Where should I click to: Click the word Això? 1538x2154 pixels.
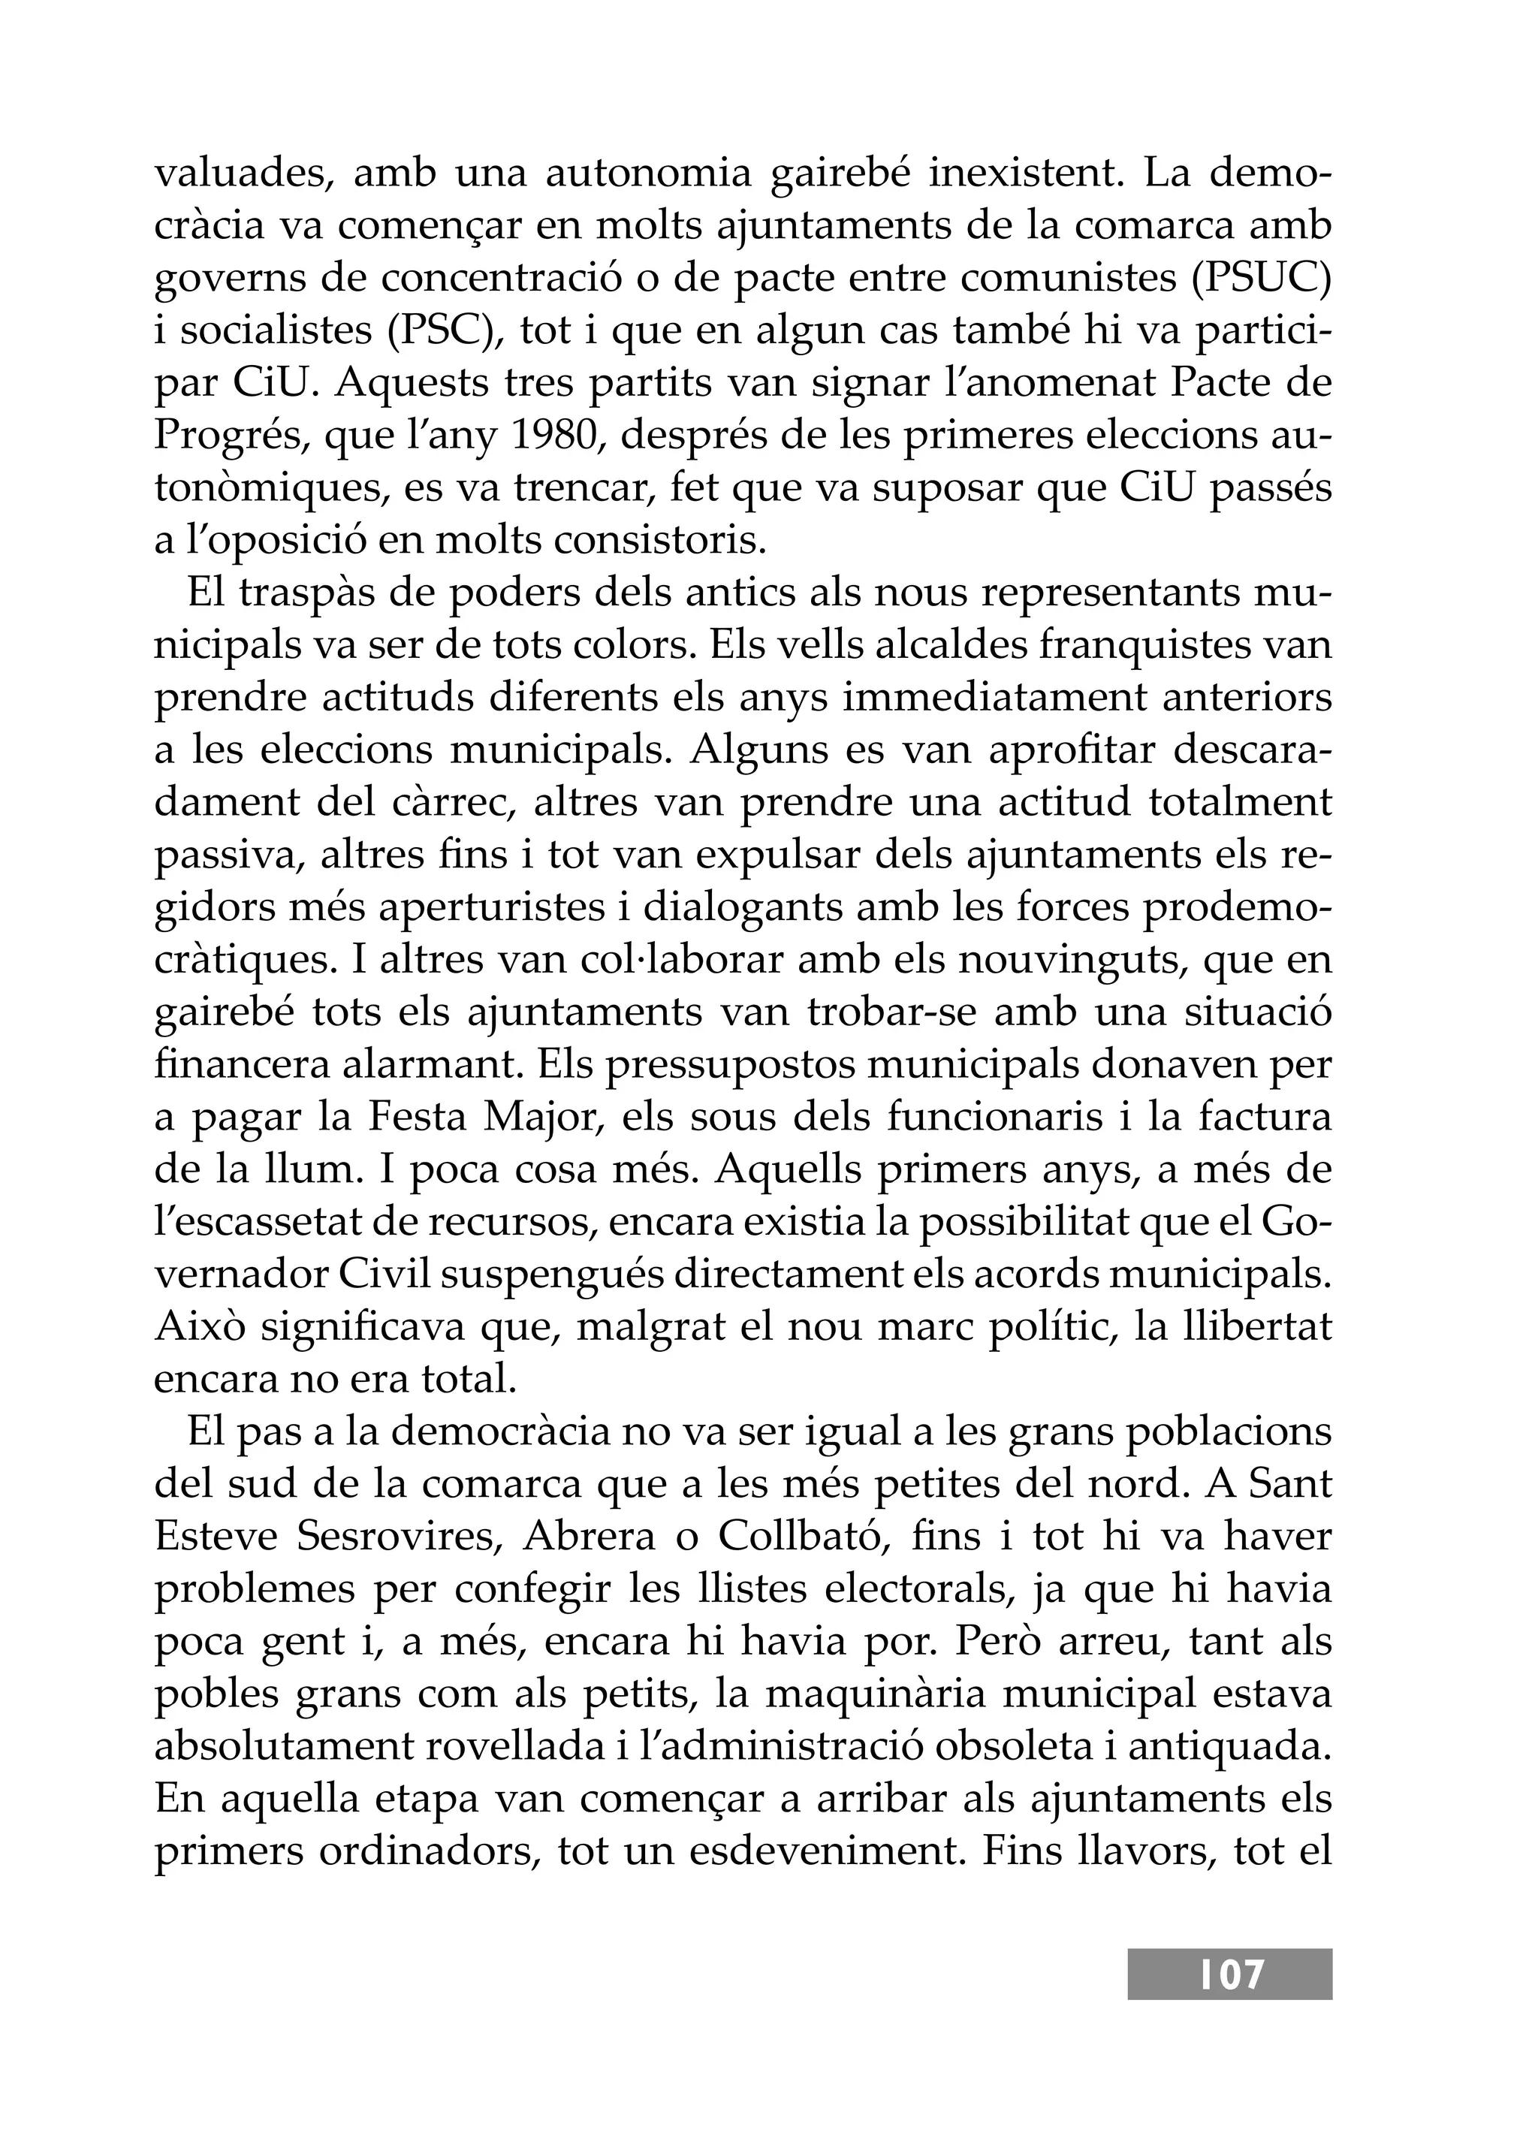(199, 1326)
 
